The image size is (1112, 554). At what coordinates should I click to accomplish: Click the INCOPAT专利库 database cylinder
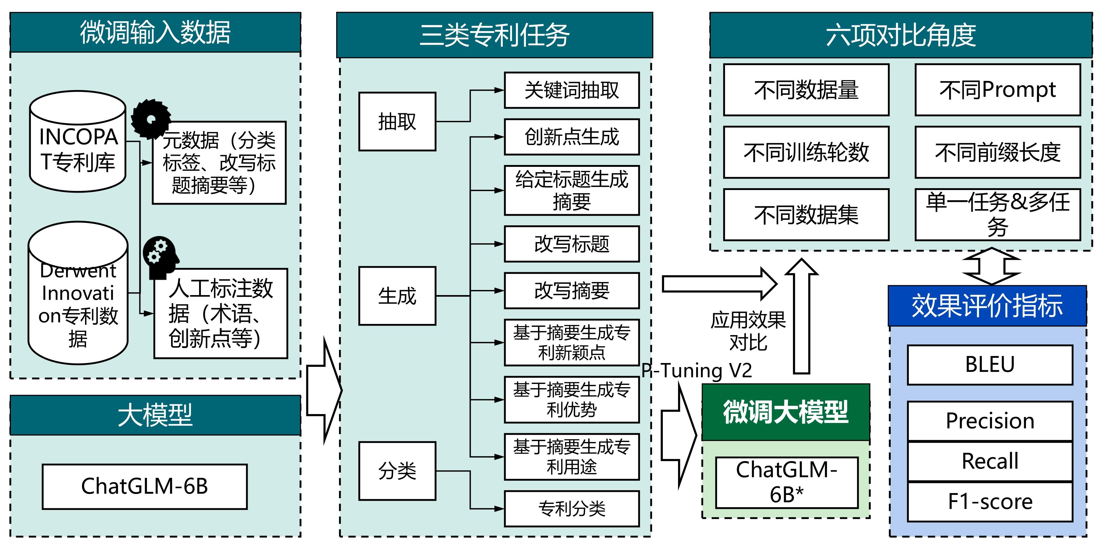(78, 142)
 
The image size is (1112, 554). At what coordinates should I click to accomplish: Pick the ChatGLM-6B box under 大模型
(145, 486)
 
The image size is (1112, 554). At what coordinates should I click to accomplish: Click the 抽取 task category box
(397, 122)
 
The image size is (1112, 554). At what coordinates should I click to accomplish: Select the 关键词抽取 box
(571, 90)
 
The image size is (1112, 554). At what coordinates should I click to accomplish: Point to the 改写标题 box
(571, 244)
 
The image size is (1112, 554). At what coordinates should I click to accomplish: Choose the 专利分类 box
(571, 508)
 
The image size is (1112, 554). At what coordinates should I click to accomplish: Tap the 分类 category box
(397, 471)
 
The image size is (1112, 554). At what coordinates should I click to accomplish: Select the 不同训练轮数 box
(806, 152)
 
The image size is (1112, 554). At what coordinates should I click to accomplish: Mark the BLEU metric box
(990, 365)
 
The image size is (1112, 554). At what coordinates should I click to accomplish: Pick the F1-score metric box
(990, 502)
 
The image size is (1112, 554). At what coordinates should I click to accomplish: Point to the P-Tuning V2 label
(697, 370)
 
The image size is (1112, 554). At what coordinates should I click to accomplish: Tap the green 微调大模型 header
(786, 412)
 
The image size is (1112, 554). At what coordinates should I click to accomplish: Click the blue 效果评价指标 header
(987, 306)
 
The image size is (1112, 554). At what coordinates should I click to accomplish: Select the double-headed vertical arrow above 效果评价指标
(992, 266)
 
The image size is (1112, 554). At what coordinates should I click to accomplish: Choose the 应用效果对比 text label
(748, 331)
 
